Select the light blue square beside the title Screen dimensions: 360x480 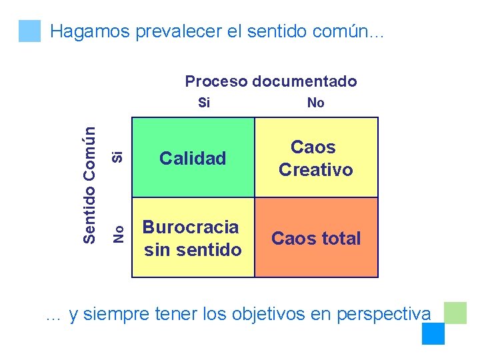(29, 31)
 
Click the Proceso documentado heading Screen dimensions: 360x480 (271, 81)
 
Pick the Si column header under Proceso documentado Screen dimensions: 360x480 (205, 103)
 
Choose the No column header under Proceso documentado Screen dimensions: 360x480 (315, 103)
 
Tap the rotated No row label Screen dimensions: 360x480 (118, 233)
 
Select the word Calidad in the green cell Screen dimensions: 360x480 (193, 159)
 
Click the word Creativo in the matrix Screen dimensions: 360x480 (315, 170)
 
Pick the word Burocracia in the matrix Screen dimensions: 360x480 (191, 227)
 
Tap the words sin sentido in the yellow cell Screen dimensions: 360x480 (193, 250)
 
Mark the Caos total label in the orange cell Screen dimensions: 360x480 (315, 239)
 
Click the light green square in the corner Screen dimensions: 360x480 (455, 312)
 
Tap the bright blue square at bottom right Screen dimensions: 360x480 (433, 333)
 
